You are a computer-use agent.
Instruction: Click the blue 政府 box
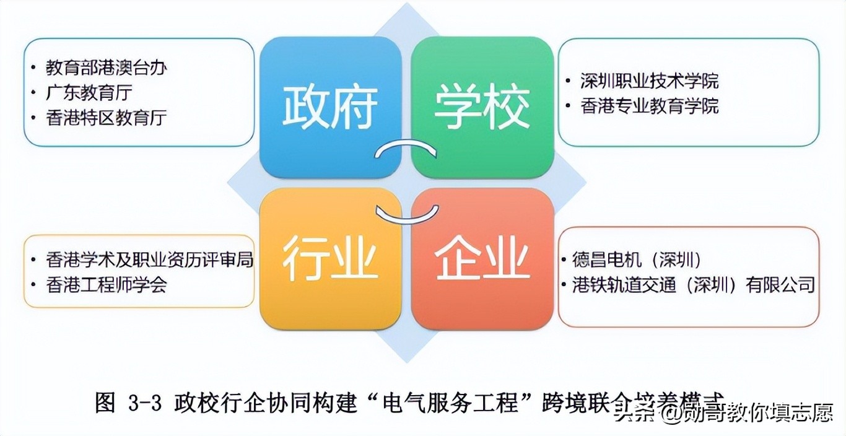click(x=330, y=107)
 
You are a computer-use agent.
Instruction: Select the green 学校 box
click(x=482, y=107)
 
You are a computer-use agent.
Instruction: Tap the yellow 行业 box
click(x=330, y=259)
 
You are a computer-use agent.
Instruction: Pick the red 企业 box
click(x=482, y=259)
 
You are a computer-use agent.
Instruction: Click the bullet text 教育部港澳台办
click(x=106, y=68)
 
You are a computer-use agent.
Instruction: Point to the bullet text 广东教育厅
click(x=89, y=93)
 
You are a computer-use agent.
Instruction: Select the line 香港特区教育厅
click(x=106, y=118)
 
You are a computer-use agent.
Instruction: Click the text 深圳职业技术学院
click(x=650, y=81)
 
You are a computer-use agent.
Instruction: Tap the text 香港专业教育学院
click(x=650, y=106)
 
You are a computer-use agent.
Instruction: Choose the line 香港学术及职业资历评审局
click(x=149, y=259)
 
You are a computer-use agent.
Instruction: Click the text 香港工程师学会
click(x=106, y=285)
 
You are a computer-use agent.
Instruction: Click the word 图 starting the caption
click(x=105, y=404)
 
